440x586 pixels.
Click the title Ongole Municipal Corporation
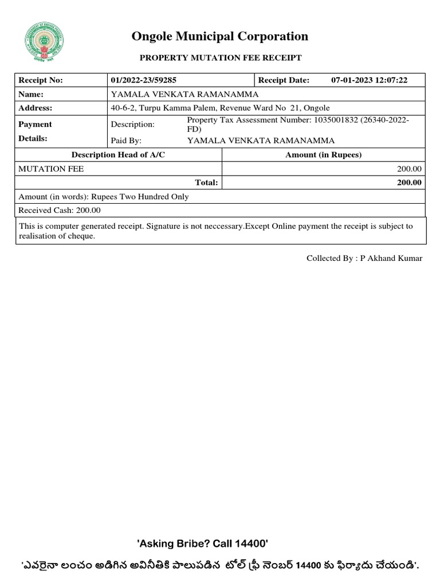(x=220, y=37)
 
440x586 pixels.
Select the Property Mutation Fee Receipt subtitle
(x=220, y=58)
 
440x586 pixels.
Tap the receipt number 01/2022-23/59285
(x=143, y=80)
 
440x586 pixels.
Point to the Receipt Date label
(x=284, y=80)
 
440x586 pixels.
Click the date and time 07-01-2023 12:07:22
(x=369, y=80)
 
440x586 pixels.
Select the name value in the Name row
(x=184, y=94)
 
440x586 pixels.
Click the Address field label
(x=36, y=108)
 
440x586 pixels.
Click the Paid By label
(x=126, y=140)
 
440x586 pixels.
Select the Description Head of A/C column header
(x=118, y=155)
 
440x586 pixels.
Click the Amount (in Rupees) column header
(x=324, y=155)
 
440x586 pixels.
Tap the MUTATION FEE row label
(x=51, y=169)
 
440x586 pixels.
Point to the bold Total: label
(x=207, y=183)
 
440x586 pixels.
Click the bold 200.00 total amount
(x=410, y=183)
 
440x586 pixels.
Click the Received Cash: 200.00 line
(x=60, y=210)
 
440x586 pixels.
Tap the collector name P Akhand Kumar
(x=391, y=258)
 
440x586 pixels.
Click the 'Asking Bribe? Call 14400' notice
(x=202, y=543)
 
